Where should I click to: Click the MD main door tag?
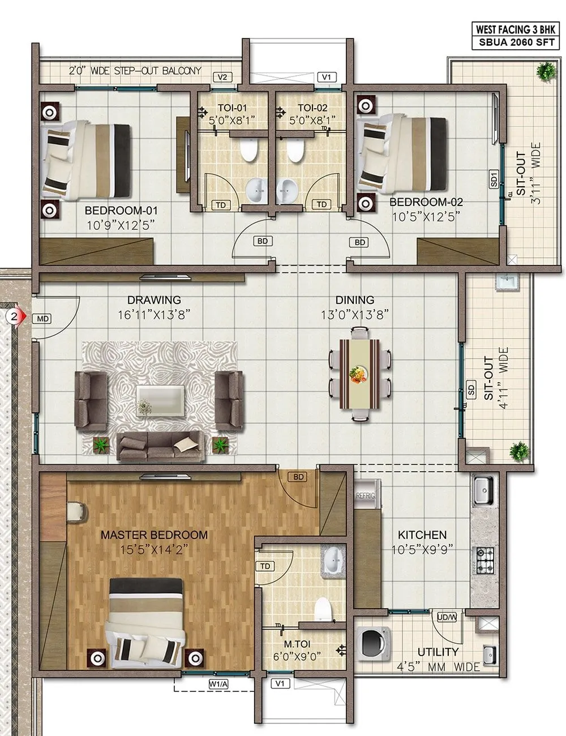[x=42, y=319]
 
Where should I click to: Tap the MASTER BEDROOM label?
[x=154, y=534]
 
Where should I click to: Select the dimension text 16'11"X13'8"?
[x=154, y=315]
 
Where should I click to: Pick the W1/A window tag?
[x=217, y=684]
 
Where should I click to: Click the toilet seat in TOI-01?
[x=248, y=150]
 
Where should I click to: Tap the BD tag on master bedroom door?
[x=298, y=477]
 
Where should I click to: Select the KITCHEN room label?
[x=422, y=534]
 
